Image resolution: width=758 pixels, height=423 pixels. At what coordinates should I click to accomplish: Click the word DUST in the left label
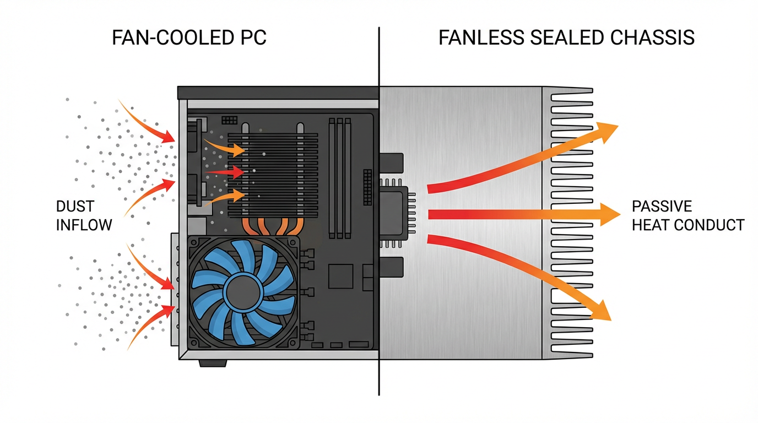(75, 207)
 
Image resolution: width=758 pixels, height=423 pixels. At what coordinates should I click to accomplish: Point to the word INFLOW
(84, 225)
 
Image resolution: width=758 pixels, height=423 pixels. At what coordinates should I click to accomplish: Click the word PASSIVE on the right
(662, 207)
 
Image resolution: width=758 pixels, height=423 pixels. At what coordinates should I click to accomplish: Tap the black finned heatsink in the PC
(281, 171)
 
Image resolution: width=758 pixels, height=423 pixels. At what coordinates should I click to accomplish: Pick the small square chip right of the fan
(340, 275)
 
